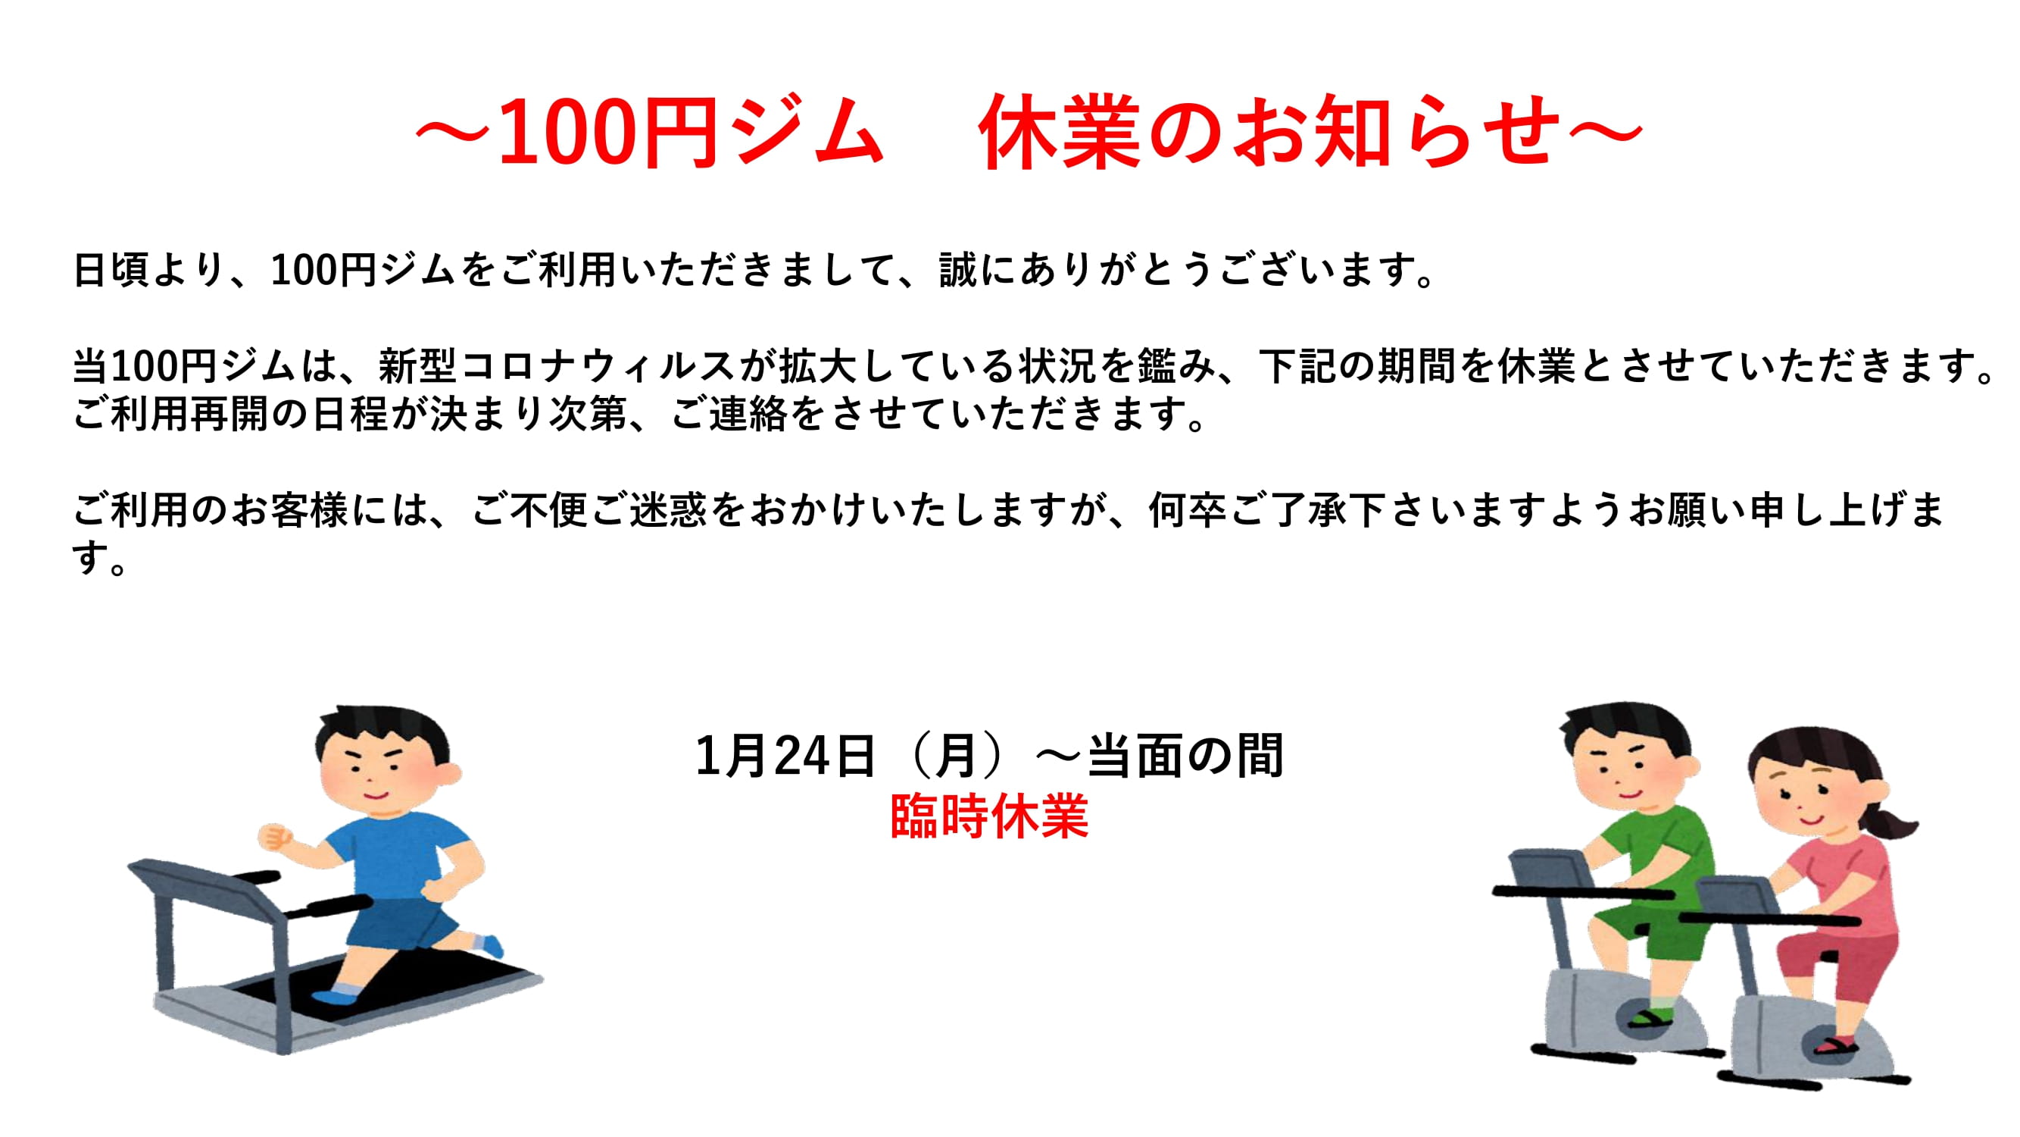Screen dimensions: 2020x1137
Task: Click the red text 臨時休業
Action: click(x=990, y=816)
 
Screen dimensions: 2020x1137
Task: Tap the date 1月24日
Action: click(x=785, y=756)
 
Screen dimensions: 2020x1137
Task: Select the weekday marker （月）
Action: click(x=957, y=756)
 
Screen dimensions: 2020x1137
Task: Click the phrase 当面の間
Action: click(x=1185, y=756)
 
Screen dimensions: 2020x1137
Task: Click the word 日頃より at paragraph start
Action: click(x=150, y=270)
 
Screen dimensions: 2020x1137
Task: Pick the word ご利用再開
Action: click(x=170, y=414)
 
